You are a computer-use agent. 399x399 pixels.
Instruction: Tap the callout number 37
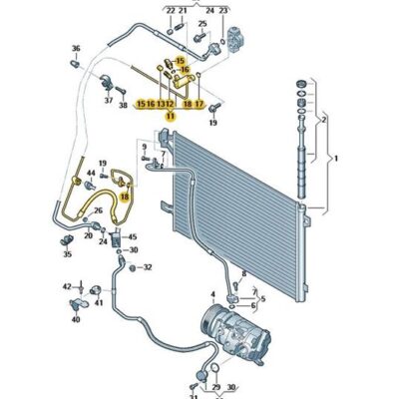108,100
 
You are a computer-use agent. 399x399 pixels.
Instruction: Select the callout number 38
123,105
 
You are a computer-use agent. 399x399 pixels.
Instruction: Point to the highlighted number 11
170,116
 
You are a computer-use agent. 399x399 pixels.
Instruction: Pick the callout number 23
222,10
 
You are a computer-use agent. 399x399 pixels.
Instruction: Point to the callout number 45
134,237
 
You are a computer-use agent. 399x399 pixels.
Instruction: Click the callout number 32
148,267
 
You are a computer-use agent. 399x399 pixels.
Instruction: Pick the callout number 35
68,254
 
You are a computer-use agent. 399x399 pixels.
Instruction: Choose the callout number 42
68,286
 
